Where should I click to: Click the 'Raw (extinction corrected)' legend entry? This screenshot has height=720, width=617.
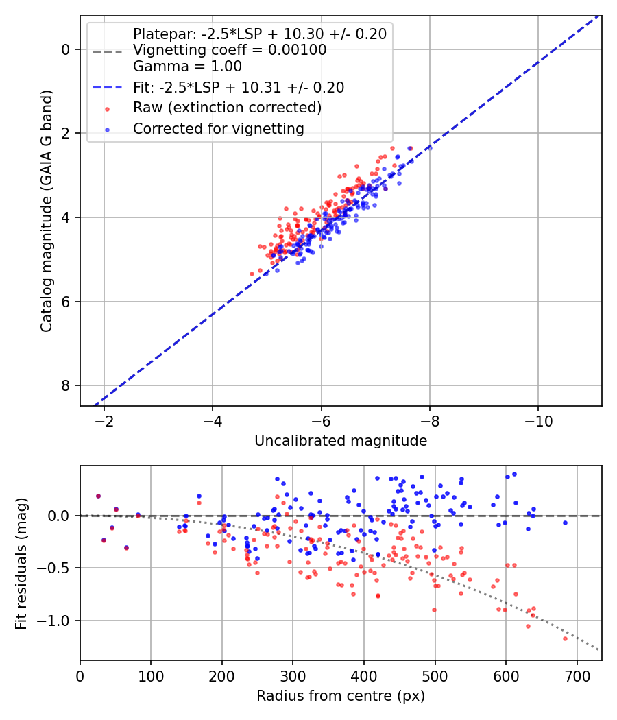coord(227,108)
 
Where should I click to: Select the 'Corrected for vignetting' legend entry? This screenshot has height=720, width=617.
coord(219,128)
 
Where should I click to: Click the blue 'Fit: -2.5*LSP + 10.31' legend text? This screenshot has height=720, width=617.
coord(239,87)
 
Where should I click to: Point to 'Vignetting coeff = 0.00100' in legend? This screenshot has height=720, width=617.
coord(230,50)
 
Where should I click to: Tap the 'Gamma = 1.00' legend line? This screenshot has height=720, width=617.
coord(187,67)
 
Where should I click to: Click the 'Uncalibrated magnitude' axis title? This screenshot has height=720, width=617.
coord(341,441)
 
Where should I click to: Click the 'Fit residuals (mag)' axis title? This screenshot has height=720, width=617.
coord(21,563)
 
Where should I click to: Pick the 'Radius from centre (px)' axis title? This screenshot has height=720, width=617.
coord(341,696)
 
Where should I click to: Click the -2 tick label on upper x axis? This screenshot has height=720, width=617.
coord(105,420)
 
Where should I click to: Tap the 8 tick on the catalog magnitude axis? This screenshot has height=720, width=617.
coord(66,386)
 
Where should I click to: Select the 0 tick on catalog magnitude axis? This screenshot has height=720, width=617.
coord(66,49)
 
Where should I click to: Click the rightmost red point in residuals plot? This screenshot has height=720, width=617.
coord(566,638)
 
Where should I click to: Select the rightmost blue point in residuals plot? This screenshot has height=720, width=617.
coord(566,523)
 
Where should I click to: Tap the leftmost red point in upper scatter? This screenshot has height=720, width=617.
coord(252,274)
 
